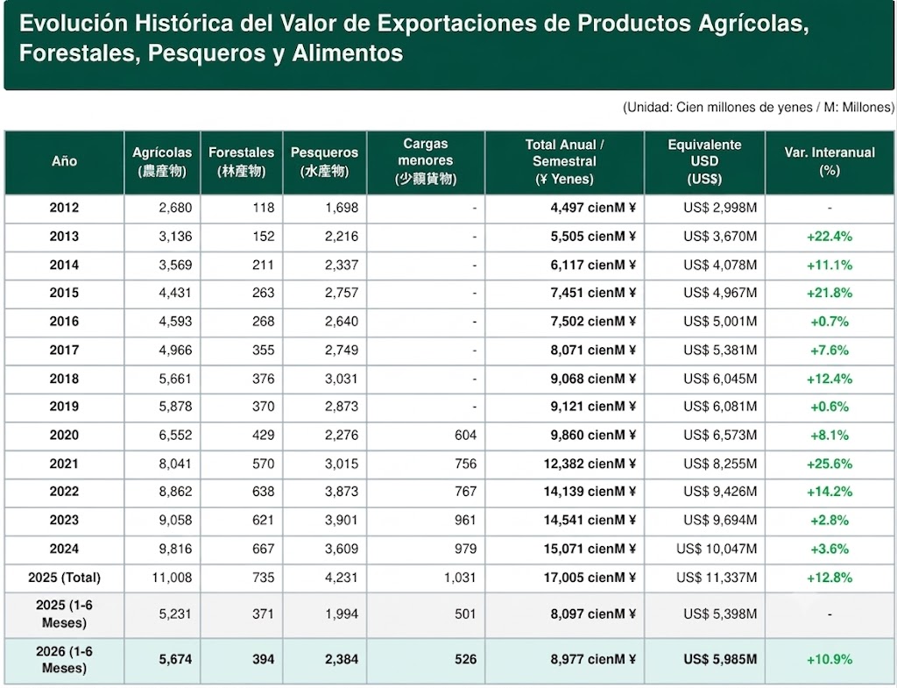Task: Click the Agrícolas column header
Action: (x=162, y=162)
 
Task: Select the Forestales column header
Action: (x=242, y=162)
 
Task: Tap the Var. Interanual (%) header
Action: (x=830, y=161)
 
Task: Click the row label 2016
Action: (x=64, y=322)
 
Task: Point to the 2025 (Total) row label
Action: (x=64, y=578)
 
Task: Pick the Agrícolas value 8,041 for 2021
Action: (x=175, y=464)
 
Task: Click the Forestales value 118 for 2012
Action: (x=264, y=207)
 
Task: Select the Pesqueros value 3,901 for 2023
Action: (x=342, y=521)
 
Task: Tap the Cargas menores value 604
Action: (x=466, y=435)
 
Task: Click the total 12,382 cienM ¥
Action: (x=590, y=464)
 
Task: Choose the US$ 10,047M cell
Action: (x=717, y=549)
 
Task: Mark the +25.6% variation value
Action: (x=830, y=464)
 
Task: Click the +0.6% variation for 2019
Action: (x=830, y=407)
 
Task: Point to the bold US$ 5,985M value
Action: (x=720, y=659)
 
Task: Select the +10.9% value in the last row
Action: (x=830, y=659)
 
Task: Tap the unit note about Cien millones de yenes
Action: (x=759, y=107)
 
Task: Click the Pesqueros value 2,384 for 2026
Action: (x=342, y=659)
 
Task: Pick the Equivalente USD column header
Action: (x=705, y=162)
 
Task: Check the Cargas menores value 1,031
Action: (x=460, y=578)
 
